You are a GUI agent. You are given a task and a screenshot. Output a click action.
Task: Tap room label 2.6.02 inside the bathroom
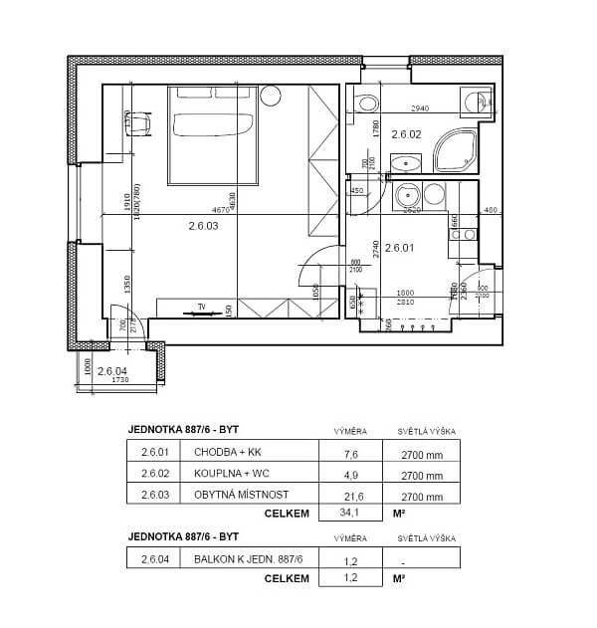406,133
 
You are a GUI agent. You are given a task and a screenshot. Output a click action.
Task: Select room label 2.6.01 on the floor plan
398,248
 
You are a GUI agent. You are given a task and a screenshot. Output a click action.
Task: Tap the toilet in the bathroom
365,101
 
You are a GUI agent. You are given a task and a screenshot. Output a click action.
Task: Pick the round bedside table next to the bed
269,97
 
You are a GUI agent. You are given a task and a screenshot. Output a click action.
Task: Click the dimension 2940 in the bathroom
420,107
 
